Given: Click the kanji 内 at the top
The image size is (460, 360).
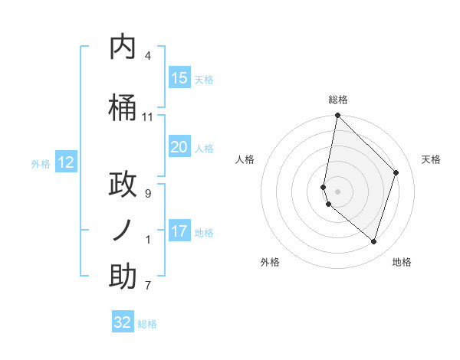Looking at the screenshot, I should (123, 47).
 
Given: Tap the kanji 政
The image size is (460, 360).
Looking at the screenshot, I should (123, 185).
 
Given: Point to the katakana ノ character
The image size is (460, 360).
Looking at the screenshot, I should (123, 231).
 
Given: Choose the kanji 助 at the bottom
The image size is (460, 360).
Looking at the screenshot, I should (123, 277).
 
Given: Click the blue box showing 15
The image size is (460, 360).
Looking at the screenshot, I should (179, 78).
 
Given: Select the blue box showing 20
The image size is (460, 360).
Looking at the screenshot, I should (179, 147).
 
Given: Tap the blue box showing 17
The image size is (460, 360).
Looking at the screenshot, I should (179, 231).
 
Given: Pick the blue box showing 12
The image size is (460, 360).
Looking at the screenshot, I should (66, 162).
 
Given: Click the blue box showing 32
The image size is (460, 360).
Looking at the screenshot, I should (123, 322).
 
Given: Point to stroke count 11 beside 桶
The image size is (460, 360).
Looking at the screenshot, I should (148, 117).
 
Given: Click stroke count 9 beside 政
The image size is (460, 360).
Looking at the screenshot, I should (148, 194).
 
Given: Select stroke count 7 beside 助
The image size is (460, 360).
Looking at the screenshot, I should (148, 286).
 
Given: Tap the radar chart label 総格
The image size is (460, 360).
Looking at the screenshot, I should (338, 100).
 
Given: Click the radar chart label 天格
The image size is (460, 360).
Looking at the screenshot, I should (432, 159).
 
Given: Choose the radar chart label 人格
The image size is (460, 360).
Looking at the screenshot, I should (245, 159).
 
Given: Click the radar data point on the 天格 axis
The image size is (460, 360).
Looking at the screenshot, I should (396, 172).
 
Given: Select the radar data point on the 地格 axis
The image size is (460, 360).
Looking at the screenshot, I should (374, 241).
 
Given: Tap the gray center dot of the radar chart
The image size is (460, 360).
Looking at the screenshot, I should (338, 191).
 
